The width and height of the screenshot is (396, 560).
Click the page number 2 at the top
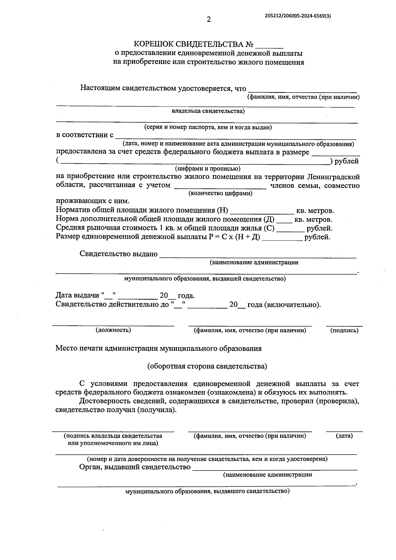(x=209, y=19)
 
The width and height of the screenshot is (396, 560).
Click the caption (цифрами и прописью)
(x=208, y=169)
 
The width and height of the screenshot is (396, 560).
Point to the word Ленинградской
(x=334, y=177)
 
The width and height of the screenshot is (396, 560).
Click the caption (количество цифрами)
(x=220, y=193)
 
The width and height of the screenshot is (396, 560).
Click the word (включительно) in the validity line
(x=292, y=305)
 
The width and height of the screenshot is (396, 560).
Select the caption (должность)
(x=113, y=330)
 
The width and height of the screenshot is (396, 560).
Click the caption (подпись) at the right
(x=344, y=330)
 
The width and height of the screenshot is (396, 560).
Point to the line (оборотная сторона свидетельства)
(x=207, y=366)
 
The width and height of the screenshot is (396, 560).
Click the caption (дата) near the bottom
(x=344, y=436)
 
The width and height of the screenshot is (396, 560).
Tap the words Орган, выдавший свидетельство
(x=135, y=467)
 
